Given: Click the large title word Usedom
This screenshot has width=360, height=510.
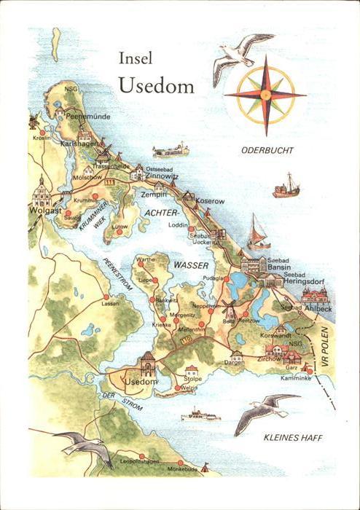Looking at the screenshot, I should (x=155, y=85).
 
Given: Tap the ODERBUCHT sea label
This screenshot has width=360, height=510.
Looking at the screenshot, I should (x=267, y=151).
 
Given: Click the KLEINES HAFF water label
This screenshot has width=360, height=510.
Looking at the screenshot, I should (x=293, y=438).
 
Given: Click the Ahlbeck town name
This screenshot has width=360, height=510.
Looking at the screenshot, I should (x=318, y=308).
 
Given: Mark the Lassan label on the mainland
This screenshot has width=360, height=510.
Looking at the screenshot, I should (x=111, y=304).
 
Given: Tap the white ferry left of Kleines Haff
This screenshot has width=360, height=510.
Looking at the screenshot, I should (x=200, y=416).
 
